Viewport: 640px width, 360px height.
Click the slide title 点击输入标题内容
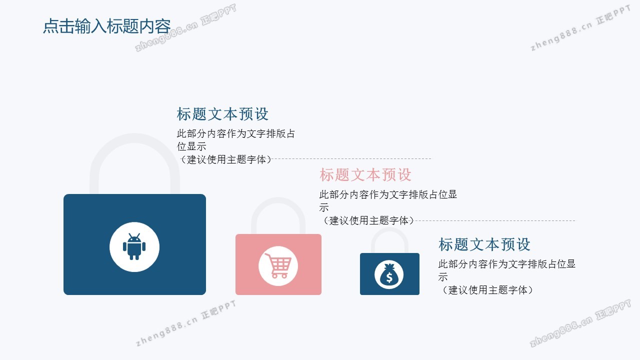point(107,26)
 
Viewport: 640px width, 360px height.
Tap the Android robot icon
point(134,246)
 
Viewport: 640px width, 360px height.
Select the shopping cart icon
point(278,265)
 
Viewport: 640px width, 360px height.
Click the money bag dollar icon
point(389,274)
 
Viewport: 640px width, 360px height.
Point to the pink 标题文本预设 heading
point(365,174)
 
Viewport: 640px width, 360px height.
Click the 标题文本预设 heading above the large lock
point(222,113)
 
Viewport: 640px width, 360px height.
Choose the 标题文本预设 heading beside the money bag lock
point(484,244)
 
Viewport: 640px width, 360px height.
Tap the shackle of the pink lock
point(278,201)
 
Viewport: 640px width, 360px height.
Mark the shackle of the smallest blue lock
point(389,230)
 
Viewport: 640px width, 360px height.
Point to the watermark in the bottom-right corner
point(580,323)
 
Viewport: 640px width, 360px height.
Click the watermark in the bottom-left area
point(185,323)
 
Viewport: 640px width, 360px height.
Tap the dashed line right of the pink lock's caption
point(494,220)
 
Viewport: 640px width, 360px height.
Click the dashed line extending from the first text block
point(351,158)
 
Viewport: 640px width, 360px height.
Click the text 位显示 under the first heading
point(191,146)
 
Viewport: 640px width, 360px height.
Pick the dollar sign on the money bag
point(389,277)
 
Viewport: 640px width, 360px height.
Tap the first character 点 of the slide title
point(51,26)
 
